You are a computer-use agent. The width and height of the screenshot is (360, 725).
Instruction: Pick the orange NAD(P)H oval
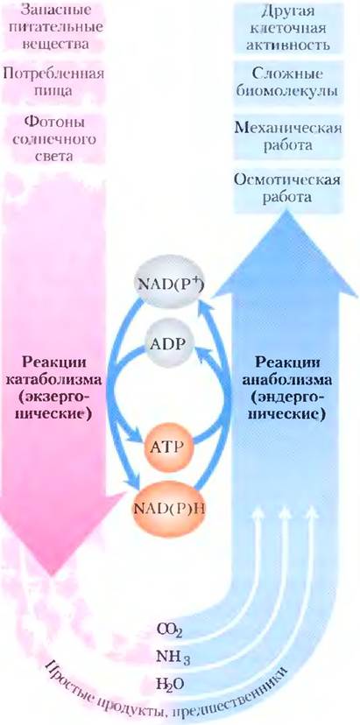[x=170, y=510]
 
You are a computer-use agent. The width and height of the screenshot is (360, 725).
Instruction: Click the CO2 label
[x=169, y=630]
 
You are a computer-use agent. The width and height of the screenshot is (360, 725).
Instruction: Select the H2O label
[x=169, y=680]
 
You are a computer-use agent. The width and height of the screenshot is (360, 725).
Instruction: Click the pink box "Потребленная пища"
[x=53, y=81]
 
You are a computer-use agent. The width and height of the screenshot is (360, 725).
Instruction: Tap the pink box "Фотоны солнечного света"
[x=54, y=138]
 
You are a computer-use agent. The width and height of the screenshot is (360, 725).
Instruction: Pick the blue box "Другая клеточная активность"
[x=289, y=27]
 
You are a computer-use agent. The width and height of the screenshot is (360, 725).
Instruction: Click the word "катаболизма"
[x=53, y=381]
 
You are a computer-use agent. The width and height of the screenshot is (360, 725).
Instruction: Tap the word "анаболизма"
[x=287, y=381]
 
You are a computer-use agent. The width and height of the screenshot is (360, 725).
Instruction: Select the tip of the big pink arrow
[x=53, y=575]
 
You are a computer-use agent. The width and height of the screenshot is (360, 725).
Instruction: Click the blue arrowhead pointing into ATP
[x=138, y=438]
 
